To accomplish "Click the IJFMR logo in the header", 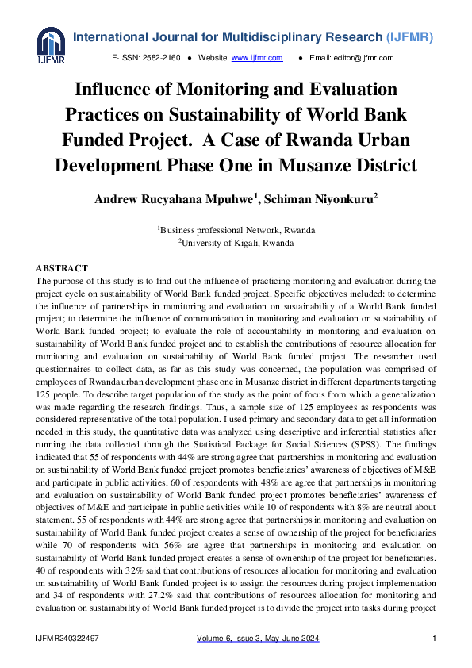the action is (50, 45).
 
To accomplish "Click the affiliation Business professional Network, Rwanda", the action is (237, 231).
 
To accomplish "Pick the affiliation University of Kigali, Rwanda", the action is (237, 243).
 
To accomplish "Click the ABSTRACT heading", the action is (63, 268).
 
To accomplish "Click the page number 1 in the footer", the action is (434, 639).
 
